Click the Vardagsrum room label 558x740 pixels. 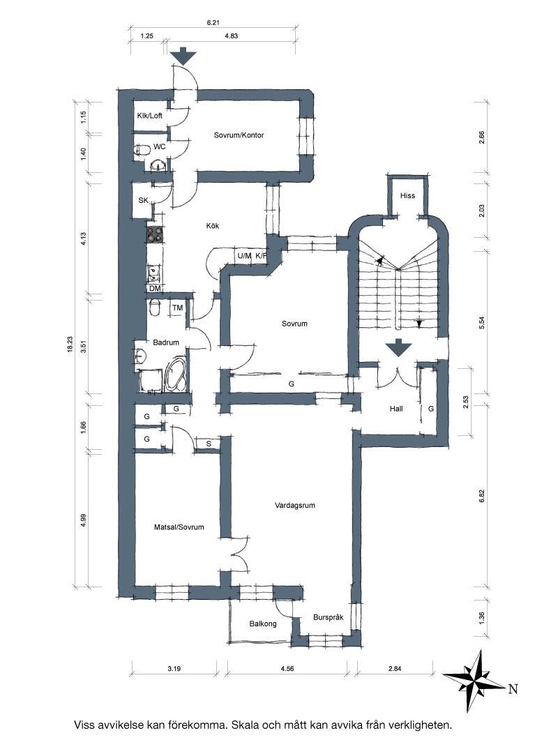[294, 506]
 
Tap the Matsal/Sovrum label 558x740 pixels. [179, 527]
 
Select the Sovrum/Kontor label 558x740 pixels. [239, 135]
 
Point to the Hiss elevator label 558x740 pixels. [407, 195]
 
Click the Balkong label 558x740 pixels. [263, 624]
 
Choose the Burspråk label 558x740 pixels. [328, 617]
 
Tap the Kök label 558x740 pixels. [213, 225]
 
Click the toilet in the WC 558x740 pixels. [142, 151]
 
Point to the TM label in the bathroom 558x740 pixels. [177, 308]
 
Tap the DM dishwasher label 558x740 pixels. [154, 288]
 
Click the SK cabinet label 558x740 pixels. [143, 201]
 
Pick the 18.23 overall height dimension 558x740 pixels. [70, 343]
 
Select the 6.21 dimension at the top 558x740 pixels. [214, 22]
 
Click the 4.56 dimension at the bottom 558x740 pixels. [287, 668]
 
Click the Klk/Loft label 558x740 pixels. [150, 116]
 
